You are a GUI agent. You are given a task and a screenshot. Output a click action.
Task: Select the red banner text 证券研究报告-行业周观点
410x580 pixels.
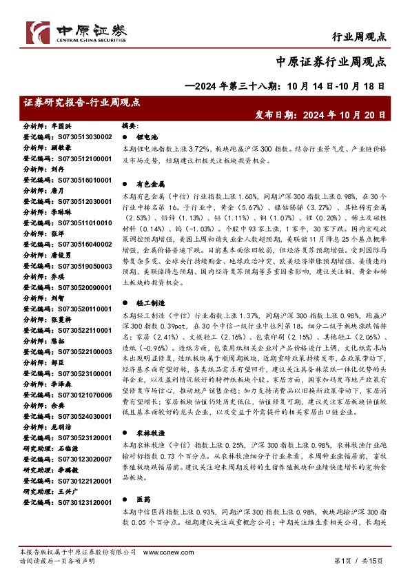81,102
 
